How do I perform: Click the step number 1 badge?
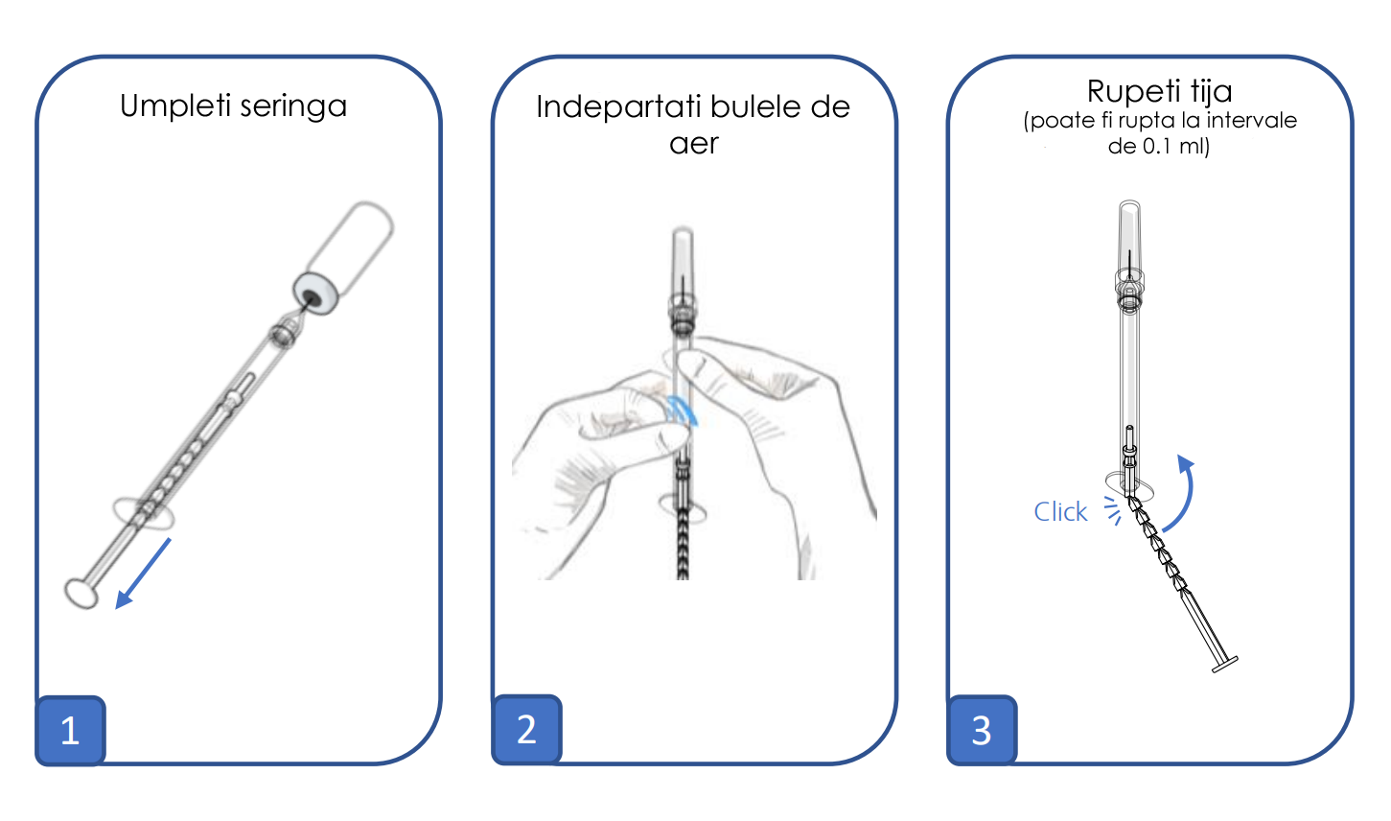[70, 730]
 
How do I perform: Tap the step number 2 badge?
[526, 729]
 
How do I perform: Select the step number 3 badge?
[982, 730]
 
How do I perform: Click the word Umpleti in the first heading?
[175, 106]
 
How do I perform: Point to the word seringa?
[293, 106]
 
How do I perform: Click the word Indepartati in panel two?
[618, 106]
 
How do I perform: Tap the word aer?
[694, 144]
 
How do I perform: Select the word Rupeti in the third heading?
[1134, 92]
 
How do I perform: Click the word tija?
[1212, 91]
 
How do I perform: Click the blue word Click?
[1060, 512]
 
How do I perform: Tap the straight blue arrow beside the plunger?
[143, 574]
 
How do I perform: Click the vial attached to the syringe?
[345, 257]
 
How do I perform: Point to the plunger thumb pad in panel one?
[81, 594]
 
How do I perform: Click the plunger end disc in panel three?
[1225, 665]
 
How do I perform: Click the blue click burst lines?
[1113, 510]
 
